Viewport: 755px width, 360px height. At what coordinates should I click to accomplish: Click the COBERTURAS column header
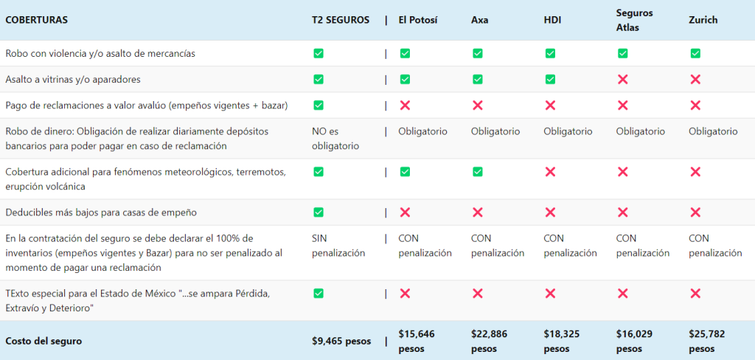pyautogui.click(x=36, y=20)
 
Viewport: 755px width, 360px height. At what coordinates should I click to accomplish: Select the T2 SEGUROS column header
pyautogui.click(x=341, y=20)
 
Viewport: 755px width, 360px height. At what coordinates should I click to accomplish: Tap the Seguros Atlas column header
pyautogui.click(x=634, y=20)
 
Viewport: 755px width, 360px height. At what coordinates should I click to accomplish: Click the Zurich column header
pyautogui.click(x=703, y=20)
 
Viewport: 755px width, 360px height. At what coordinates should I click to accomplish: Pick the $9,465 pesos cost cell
pyautogui.click(x=341, y=341)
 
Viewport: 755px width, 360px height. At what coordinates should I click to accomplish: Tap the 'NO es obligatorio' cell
pyautogui.click(x=335, y=138)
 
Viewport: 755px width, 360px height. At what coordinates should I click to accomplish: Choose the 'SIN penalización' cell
pyautogui.click(x=338, y=246)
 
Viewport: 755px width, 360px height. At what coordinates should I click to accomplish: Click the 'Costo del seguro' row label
pyautogui.click(x=42, y=341)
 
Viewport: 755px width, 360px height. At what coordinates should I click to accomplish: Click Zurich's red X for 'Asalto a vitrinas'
pyautogui.click(x=695, y=79)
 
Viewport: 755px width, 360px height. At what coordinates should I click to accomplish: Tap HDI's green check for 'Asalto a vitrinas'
pyautogui.click(x=550, y=79)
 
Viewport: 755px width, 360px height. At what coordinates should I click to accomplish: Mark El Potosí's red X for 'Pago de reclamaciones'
pyautogui.click(x=405, y=105)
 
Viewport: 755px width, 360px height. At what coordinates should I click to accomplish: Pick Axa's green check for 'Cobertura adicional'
pyautogui.click(x=478, y=172)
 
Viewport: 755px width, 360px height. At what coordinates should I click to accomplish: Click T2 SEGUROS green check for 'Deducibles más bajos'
pyautogui.click(x=319, y=212)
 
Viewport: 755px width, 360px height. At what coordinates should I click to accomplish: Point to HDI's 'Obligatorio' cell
pyautogui.click(x=568, y=131)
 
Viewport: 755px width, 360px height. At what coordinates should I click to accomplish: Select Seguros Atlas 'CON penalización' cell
pyautogui.click(x=642, y=246)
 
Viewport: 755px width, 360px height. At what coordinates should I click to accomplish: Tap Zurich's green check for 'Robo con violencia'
pyautogui.click(x=695, y=53)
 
